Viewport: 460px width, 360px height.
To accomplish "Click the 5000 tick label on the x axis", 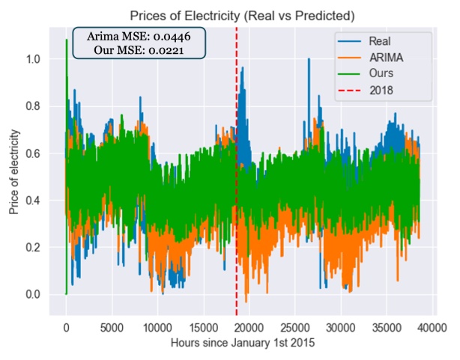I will (x=112, y=327).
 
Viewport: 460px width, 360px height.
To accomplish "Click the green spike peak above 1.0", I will (x=67, y=40).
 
